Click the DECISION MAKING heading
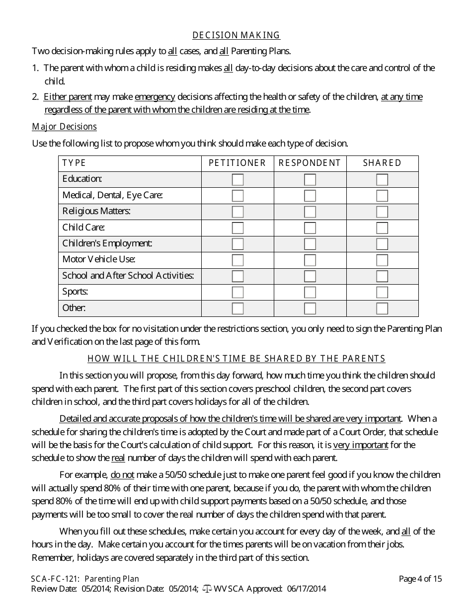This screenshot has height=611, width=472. [x=236, y=35]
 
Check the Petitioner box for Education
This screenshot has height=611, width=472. [x=237, y=179]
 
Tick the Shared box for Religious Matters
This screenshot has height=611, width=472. [x=382, y=212]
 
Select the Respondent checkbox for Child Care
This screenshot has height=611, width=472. [x=310, y=228]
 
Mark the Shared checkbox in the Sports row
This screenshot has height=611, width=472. [x=382, y=292]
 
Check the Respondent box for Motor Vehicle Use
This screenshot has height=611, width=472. [x=310, y=260]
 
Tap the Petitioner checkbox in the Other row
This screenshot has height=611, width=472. [x=237, y=308]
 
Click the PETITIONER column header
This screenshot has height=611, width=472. [x=237, y=163]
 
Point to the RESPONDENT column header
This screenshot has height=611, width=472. [x=310, y=163]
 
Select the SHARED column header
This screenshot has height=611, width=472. [x=382, y=163]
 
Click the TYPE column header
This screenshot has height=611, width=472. [x=74, y=163]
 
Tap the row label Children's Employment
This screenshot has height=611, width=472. [x=107, y=243]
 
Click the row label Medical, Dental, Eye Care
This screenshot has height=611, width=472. [x=113, y=195]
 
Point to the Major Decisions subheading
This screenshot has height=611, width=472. [x=64, y=127]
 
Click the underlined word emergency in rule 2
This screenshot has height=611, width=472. [x=155, y=97]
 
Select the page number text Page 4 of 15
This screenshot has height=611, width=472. [x=420, y=579]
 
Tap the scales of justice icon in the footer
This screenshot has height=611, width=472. [x=207, y=589]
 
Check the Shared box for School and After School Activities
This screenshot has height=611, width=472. [x=382, y=276]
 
